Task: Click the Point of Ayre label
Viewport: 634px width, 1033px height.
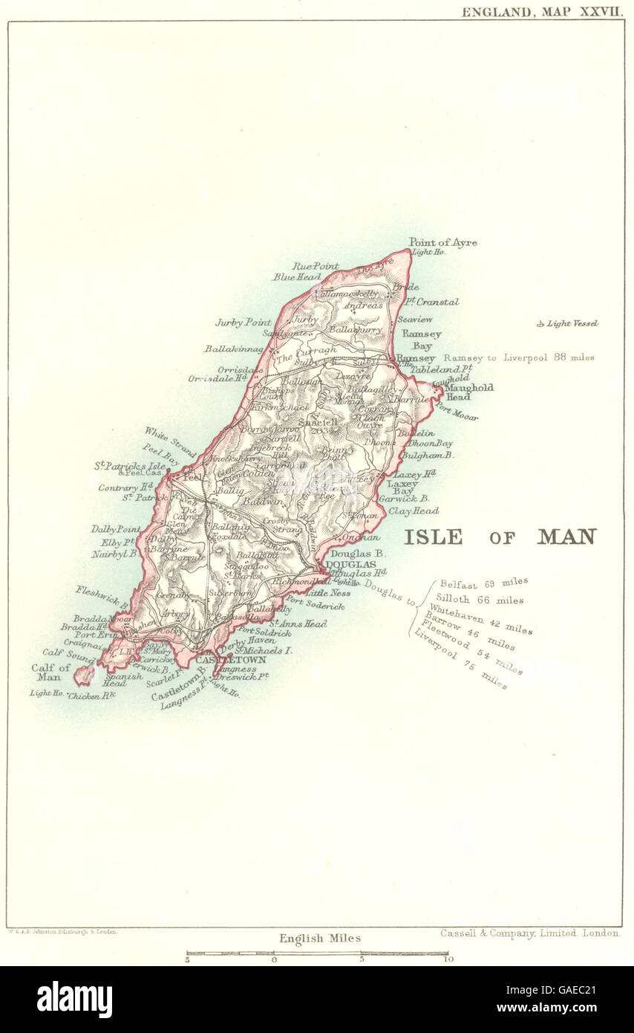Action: point(442,242)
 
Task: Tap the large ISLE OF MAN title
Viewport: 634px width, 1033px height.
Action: point(500,537)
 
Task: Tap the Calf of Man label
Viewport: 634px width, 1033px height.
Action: point(51,673)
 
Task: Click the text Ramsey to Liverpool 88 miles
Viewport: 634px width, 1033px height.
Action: point(519,357)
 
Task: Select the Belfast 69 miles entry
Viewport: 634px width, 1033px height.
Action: point(483,584)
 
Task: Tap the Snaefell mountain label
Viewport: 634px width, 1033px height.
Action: point(318,421)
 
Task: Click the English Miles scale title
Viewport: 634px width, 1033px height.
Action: point(320,938)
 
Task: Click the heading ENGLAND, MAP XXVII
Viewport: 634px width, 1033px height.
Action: point(542,12)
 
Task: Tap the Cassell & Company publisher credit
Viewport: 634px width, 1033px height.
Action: point(529,933)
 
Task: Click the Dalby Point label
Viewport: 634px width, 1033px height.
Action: point(116,529)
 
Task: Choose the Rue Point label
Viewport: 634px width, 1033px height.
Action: point(315,265)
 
